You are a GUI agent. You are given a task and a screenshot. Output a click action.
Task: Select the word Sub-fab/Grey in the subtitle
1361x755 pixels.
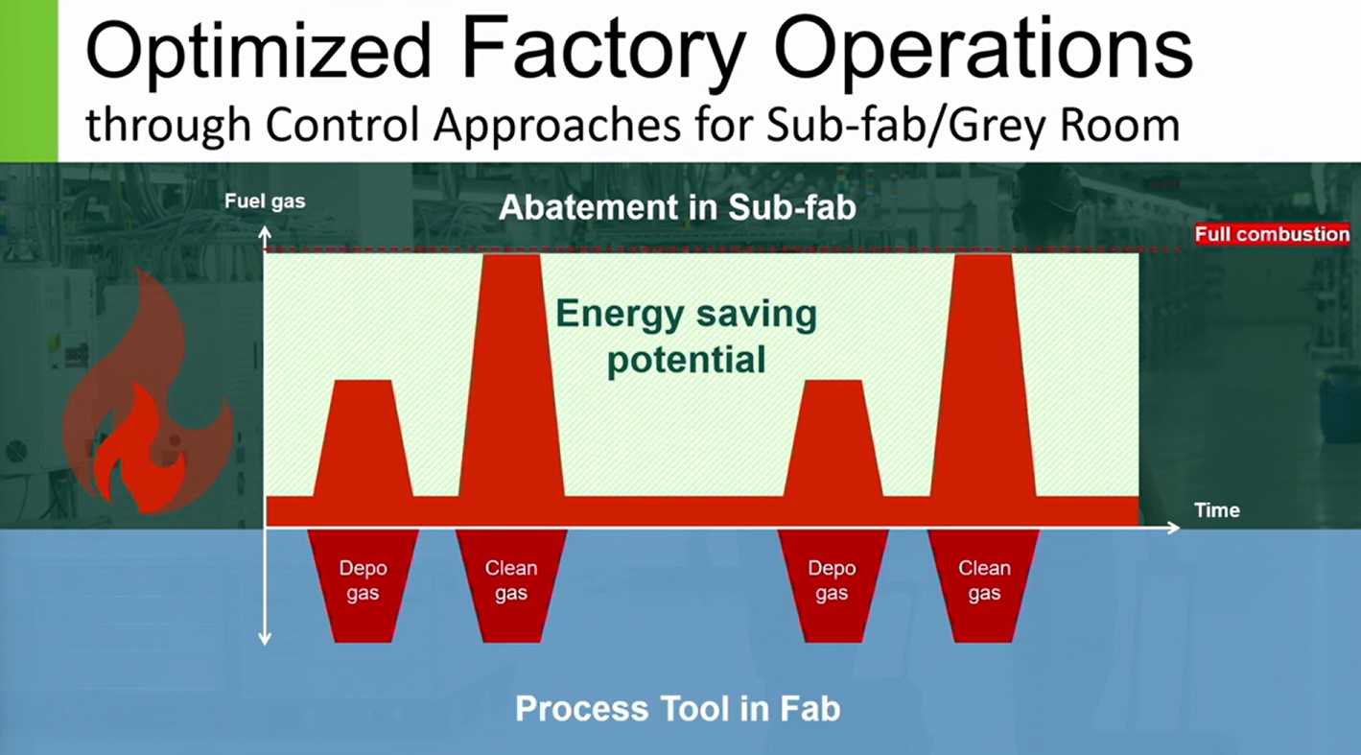pyautogui.click(x=907, y=126)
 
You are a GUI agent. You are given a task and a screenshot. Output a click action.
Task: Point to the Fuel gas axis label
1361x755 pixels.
pyautogui.click(x=265, y=201)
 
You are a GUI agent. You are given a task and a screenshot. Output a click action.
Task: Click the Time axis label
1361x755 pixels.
pyautogui.click(x=1216, y=510)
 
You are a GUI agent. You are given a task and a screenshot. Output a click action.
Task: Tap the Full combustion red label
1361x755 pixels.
pyautogui.click(x=1273, y=234)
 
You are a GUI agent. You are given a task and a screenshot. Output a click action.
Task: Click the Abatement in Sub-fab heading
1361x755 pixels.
pyautogui.click(x=677, y=207)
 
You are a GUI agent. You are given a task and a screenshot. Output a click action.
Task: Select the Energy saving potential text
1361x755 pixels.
pyautogui.click(x=687, y=336)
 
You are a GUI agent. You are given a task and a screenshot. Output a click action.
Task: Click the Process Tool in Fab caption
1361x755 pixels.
pyautogui.click(x=677, y=709)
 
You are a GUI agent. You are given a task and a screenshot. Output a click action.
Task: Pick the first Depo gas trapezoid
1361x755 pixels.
pyautogui.click(x=364, y=585)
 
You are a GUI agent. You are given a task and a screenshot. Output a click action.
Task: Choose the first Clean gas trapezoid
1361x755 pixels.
pyautogui.click(x=511, y=585)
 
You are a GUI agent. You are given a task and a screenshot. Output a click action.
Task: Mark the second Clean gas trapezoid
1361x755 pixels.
pyautogui.click(x=984, y=585)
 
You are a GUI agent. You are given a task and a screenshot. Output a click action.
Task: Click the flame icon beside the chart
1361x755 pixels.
pyautogui.click(x=149, y=395)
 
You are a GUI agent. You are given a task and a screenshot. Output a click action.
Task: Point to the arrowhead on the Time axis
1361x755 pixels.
pyautogui.click(x=1173, y=528)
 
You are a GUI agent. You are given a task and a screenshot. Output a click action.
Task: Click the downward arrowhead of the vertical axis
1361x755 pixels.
pyautogui.click(x=265, y=638)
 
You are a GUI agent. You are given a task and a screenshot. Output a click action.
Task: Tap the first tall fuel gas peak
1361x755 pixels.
pyautogui.click(x=511, y=375)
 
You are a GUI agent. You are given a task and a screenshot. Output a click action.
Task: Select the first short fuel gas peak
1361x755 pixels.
pyautogui.click(x=364, y=438)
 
